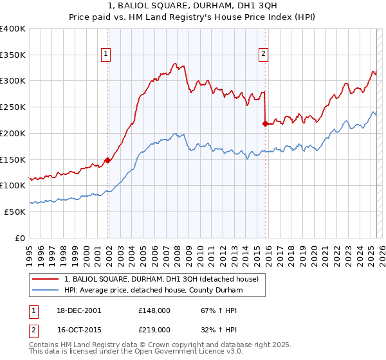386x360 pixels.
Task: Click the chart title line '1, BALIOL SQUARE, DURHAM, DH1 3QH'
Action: pos(193,6)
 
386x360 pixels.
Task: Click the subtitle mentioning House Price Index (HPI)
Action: pos(193,17)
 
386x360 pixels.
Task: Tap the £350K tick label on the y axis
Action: pos(13,55)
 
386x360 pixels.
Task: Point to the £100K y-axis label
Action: pos(13,185)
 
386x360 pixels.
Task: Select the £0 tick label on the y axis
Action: pos(21,238)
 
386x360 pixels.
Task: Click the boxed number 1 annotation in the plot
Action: pos(105,55)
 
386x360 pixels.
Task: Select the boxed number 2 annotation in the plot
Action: pos(263,55)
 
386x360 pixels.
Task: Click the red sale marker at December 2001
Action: pos(107,161)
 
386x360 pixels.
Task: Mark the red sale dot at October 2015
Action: pos(265,123)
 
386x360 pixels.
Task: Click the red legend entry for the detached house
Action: pos(161,279)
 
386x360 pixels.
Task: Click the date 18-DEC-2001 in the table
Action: pos(79,310)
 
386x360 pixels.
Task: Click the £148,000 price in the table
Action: pos(154,310)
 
